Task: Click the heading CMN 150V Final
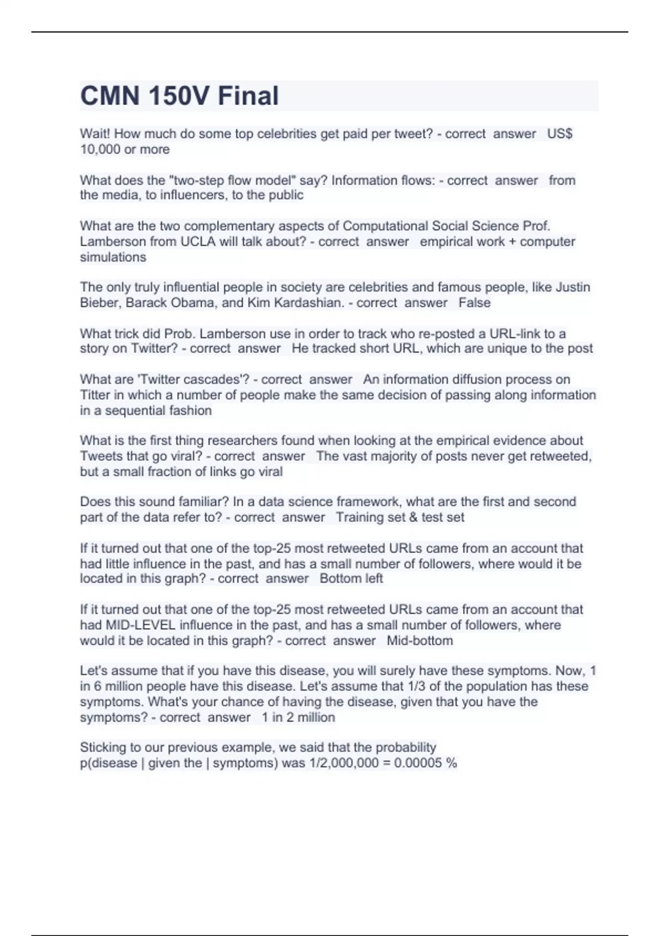[x=179, y=96]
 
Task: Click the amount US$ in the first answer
[x=560, y=134]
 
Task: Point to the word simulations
[x=113, y=257]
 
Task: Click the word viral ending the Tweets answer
[x=270, y=472]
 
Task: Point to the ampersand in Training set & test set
[x=413, y=518]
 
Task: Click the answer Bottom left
[x=351, y=579]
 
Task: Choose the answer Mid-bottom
[x=420, y=641]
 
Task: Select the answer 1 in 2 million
[x=298, y=717]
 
